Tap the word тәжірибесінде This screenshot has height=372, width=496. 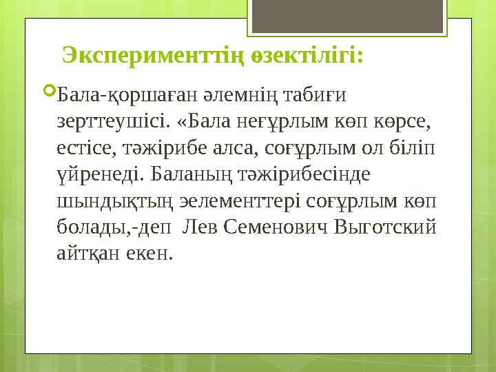(306, 174)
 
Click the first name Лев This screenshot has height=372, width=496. (205, 227)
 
